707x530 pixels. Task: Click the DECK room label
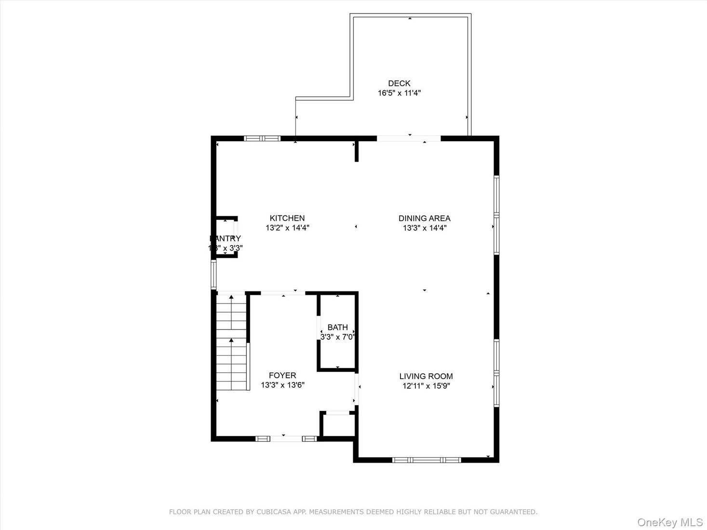point(399,83)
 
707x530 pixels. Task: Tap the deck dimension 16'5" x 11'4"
point(399,93)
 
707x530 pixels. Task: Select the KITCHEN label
point(287,218)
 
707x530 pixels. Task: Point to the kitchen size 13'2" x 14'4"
point(287,228)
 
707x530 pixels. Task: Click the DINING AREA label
point(424,218)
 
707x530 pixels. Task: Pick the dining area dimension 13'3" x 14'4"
point(424,228)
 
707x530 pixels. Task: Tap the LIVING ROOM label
point(426,376)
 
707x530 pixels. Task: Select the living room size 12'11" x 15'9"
point(426,386)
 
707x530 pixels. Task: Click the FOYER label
point(282,375)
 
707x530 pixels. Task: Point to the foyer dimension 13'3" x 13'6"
point(282,385)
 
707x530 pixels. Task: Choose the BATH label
point(337,327)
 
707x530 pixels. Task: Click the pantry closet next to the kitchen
point(226,237)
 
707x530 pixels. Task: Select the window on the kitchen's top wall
point(262,139)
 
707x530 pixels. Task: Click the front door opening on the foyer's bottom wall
point(286,438)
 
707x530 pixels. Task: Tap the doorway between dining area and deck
point(409,139)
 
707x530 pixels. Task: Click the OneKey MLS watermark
point(669,522)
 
